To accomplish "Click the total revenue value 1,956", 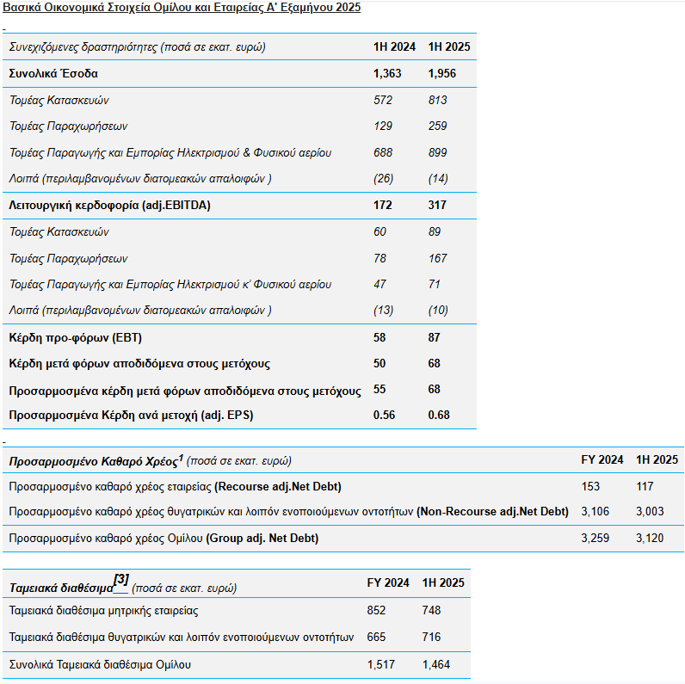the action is click(x=441, y=73).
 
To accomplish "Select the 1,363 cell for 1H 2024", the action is click(x=387, y=73).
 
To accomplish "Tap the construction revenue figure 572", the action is click(x=383, y=100).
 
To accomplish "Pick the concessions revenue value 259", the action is click(x=437, y=126).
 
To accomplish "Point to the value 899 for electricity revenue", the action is click(x=437, y=152).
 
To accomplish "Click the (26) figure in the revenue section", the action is click(x=383, y=178).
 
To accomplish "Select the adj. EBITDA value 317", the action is click(x=437, y=205).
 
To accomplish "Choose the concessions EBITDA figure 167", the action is click(x=437, y=258).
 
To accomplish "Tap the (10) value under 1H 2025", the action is click(x=438, y=310).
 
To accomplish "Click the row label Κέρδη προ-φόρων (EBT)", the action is click(x=75, y=337).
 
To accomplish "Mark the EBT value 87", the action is click(x=434, y=337).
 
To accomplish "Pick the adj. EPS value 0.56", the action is click(x=384, y=415).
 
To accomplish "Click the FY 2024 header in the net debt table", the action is click(x=602, y=459).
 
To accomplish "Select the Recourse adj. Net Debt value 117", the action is click(x=645, y=486).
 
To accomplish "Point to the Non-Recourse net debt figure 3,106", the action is click(x=595, y=511).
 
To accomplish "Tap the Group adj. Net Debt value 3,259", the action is click(x=595, y=538).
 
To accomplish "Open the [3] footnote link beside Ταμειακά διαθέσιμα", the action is click(x=120, y=581).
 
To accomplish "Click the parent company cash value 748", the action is click(x=431, y=610).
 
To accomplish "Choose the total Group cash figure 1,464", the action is click(x=436, y=664).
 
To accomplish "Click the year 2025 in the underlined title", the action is click(x=349, y=8).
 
